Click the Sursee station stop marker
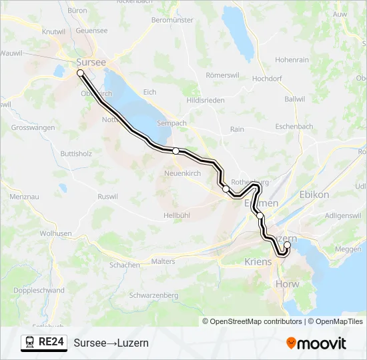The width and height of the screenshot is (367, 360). tap(80, 73)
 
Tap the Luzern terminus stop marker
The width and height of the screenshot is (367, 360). tap(287, 245)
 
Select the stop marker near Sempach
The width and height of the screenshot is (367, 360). tap(175, 151)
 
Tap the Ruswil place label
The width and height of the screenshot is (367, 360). tap(107, 197)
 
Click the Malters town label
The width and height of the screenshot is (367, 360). tap(163, 261)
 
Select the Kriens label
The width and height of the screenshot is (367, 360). tap(259, 262)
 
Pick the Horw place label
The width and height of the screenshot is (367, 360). tap(288, 284)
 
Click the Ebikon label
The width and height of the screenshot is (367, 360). tap(314, 195)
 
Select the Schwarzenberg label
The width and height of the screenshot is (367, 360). tap(155, 295)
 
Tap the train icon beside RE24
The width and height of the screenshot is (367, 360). tap(30, 343)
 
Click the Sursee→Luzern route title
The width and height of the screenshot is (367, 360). tap(111, 343)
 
